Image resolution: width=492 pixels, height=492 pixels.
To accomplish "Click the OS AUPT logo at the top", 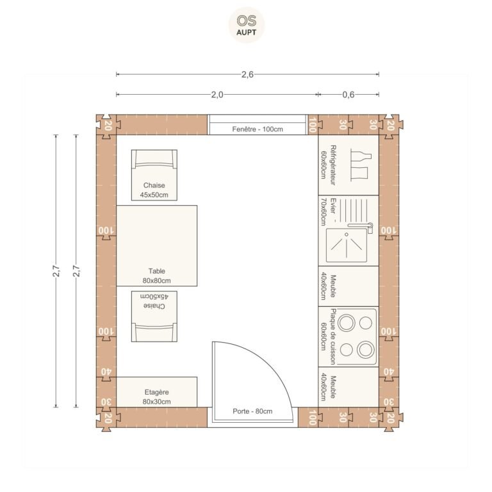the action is point(246,25).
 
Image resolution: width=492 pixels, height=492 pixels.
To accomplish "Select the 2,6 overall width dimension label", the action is point(247,74).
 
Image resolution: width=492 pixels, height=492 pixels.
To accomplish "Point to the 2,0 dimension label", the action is point(217,94).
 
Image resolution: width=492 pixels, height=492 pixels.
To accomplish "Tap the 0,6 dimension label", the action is point(348,94).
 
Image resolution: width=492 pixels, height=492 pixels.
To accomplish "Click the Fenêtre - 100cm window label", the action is point(258,129).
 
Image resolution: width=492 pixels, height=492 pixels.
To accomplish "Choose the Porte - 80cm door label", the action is point(252,411).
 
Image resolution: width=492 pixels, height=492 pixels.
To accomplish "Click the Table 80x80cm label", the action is point(156,275).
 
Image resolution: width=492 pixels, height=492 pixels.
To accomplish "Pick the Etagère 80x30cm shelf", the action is point(156,392).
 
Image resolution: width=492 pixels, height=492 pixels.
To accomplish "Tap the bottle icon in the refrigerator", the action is point(361,156).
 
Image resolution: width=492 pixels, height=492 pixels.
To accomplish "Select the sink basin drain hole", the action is point(347,234).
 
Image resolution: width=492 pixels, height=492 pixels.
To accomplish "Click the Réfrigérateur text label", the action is point(333,165).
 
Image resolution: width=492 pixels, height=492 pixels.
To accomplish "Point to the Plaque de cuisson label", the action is point(333,337).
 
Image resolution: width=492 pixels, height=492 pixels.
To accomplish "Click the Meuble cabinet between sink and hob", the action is point(348,286).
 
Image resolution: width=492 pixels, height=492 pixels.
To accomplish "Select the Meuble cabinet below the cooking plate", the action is point(348,387).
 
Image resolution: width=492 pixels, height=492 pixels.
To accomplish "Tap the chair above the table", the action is point(154,175).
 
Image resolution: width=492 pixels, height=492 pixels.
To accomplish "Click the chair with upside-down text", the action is point(154,316).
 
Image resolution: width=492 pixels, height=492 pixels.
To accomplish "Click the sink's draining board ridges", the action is point(354,209).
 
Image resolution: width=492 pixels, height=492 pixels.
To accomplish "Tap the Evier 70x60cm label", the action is point(328,211).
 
